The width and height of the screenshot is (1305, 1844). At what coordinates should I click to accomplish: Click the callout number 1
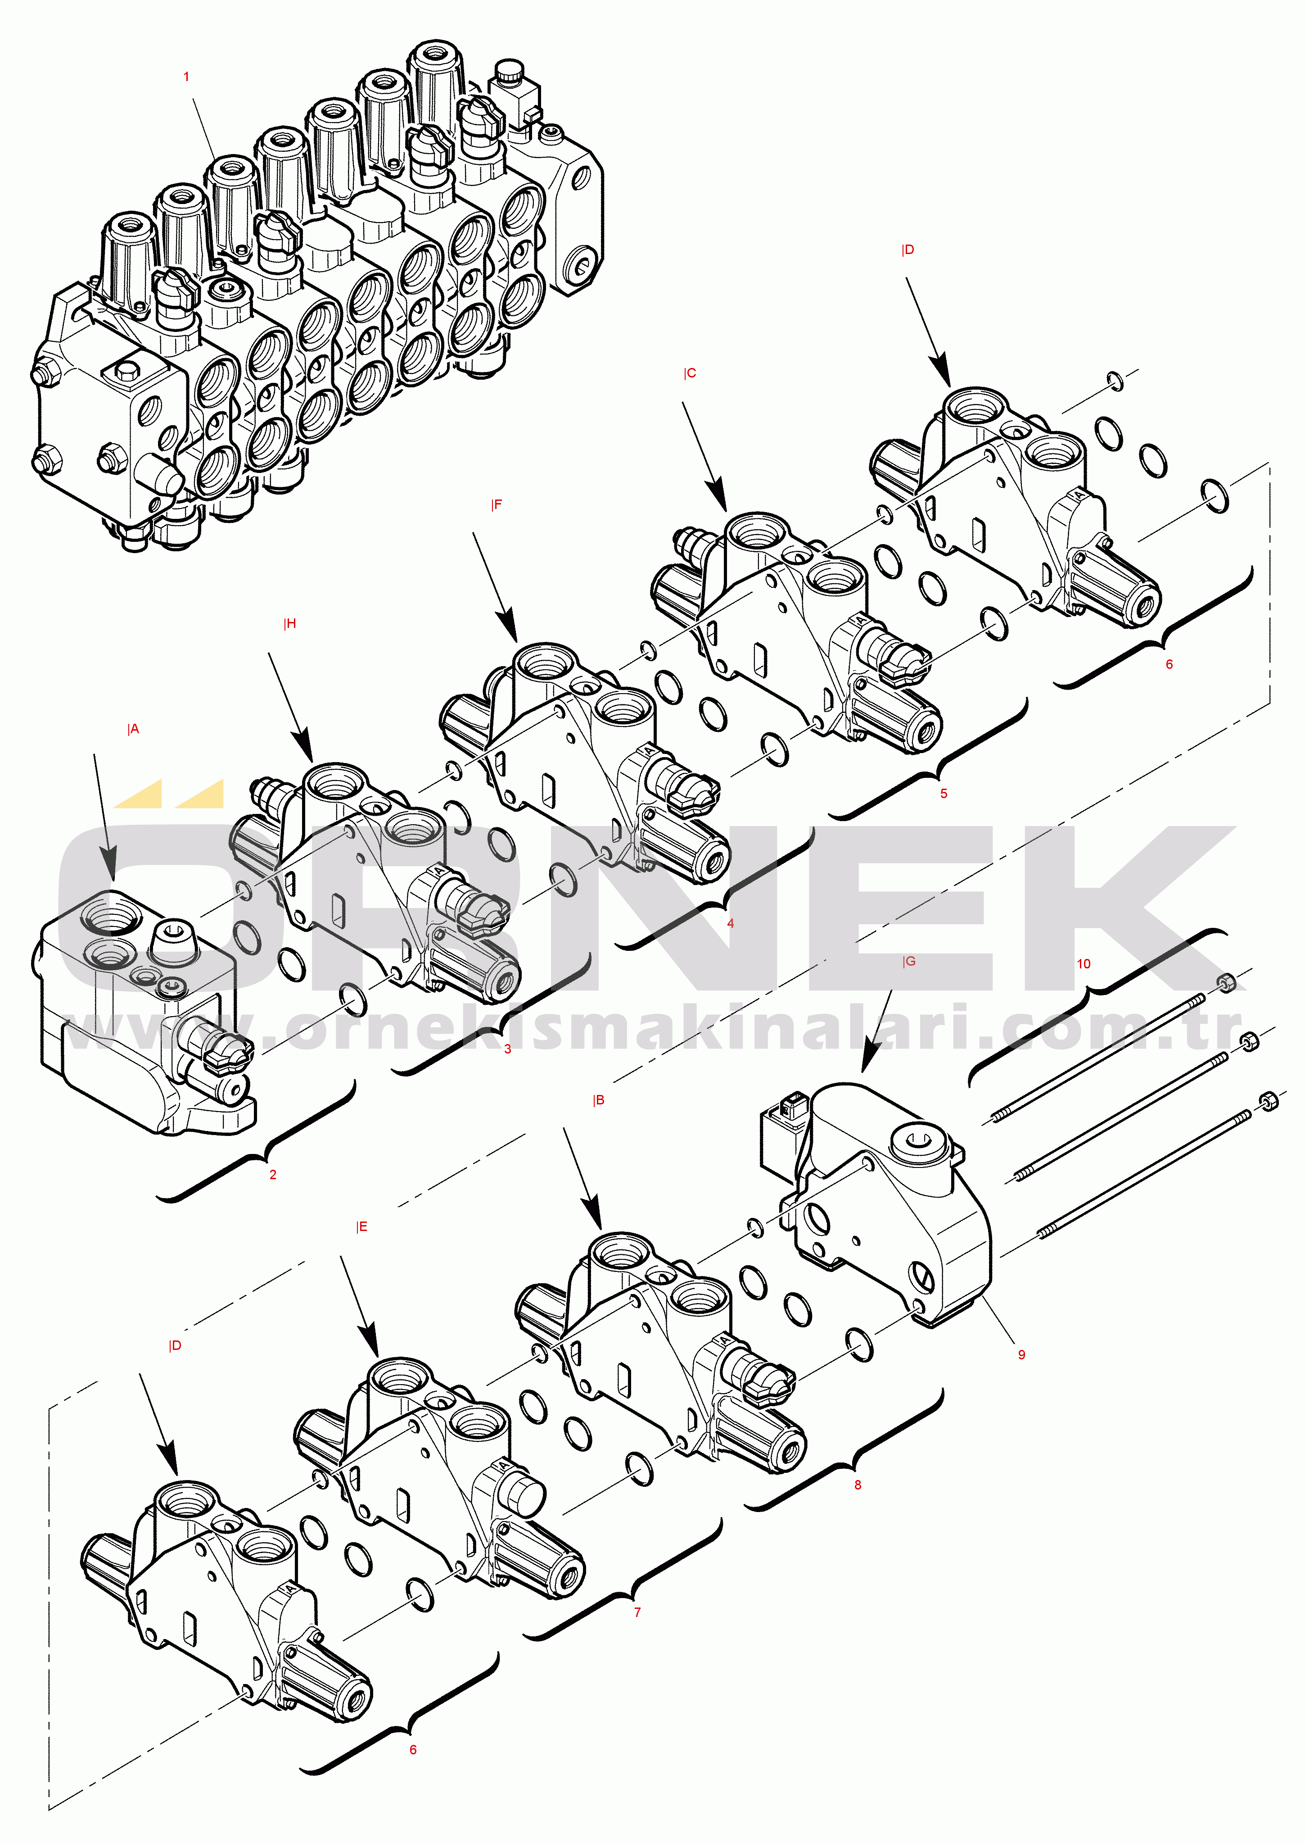pos(186,77)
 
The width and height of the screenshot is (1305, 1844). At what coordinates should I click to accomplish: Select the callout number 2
pos(273,1174)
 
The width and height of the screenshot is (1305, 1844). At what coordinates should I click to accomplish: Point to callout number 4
pos(731,923)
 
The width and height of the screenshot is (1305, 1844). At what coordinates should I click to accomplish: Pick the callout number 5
pos(944,793)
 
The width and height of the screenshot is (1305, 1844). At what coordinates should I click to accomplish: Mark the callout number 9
pos(1021,1354)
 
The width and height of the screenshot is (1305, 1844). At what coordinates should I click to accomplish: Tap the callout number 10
pos(1083,964)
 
